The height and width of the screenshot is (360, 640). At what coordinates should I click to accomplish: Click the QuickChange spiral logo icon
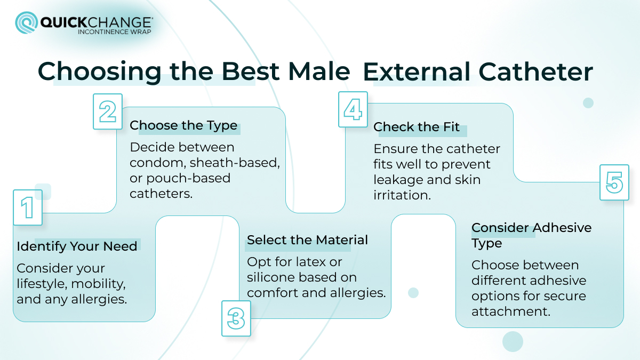tap(26, 23)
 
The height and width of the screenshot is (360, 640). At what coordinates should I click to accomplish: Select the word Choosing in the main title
tap(99, 72)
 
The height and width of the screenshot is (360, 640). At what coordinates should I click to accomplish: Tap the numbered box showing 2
tap(108, 111)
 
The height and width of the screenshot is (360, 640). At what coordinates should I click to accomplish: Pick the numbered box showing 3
tap(236, 318)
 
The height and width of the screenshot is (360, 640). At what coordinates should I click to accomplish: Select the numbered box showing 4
tap(353, 109)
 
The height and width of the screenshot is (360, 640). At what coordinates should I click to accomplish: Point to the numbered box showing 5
tap(614, 182)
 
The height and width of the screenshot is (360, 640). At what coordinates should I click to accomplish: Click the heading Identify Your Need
tap(77, 246)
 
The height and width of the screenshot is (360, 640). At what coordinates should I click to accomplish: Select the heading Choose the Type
tap(183, 125)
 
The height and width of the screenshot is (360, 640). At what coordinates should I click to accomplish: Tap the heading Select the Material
tap(307, 240)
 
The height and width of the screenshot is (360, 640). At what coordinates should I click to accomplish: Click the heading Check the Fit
tap(417, 127)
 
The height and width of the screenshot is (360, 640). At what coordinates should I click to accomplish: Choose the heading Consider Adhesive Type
tap(531, 235)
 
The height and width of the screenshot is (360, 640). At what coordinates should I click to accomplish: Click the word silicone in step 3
tap(274, 277)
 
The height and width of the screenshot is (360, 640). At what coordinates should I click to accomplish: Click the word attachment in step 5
tap(510, 311)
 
